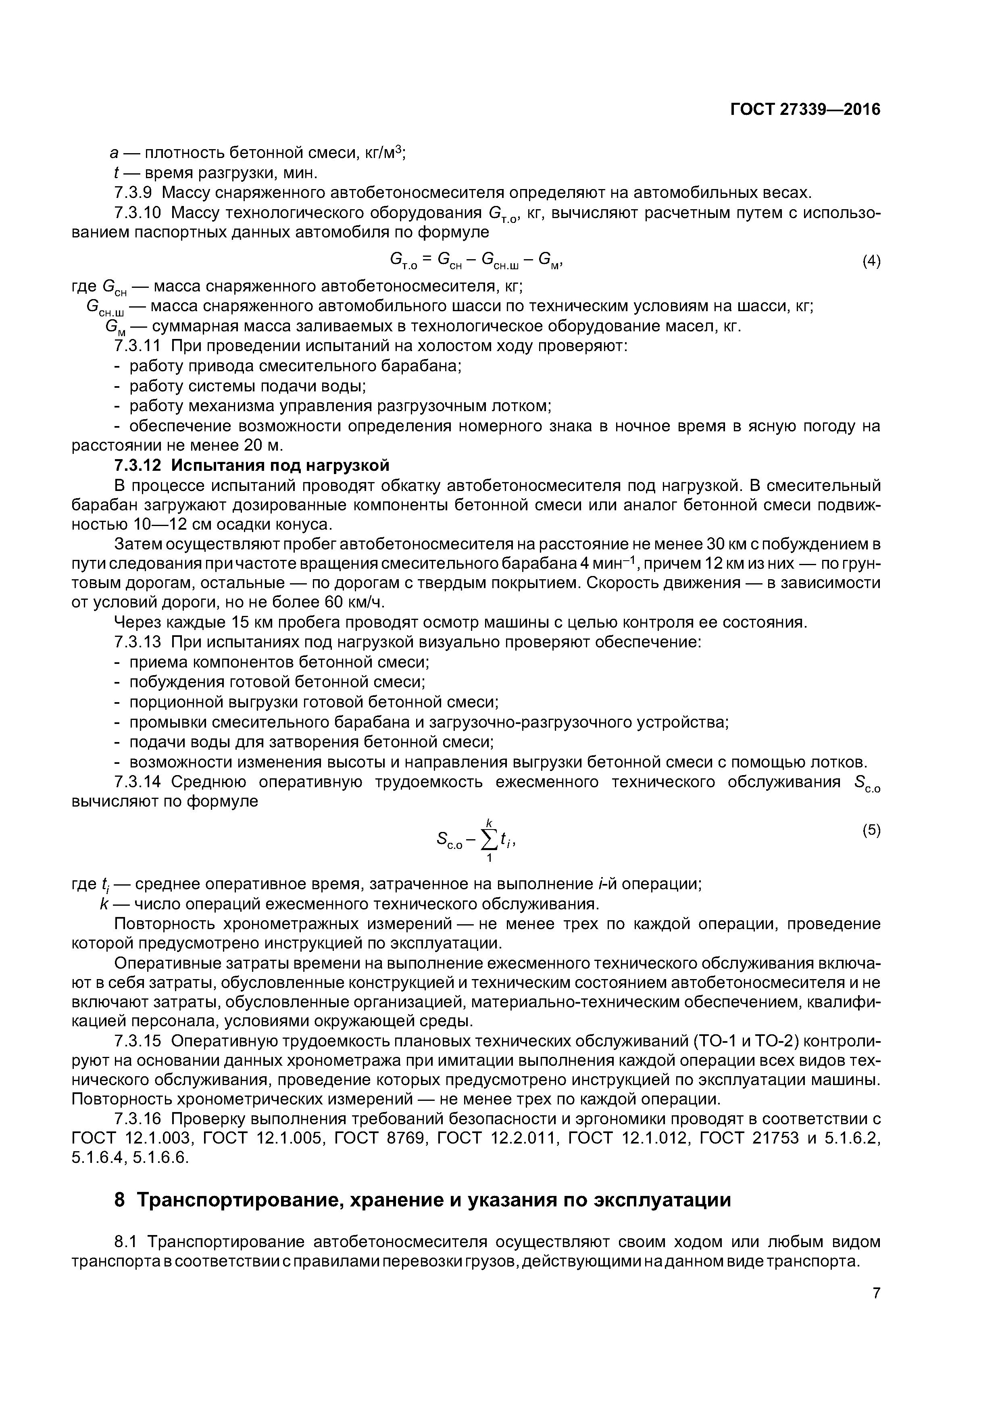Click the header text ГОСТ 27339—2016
click(x=805, y=110)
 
